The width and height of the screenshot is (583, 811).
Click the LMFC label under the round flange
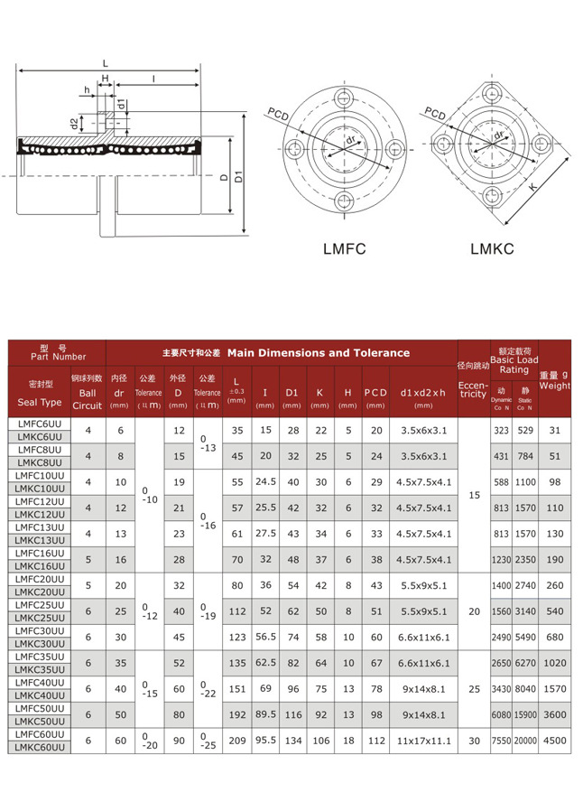(x=344, y=247)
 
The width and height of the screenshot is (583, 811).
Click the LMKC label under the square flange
(x=492, y=247)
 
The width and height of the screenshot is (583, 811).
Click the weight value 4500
(x=555, y=741)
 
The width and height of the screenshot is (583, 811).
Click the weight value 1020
(x=555, y=663)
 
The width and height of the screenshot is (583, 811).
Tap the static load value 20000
(x=525, y=741)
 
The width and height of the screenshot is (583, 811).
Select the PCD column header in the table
(x=375, y=393)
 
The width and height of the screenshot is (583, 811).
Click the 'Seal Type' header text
(x=40, y=402)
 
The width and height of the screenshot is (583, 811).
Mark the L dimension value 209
(x=237, y=741)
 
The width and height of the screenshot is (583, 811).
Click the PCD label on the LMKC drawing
(x=435, y=114)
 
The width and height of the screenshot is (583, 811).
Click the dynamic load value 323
(x=501, y=431)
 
